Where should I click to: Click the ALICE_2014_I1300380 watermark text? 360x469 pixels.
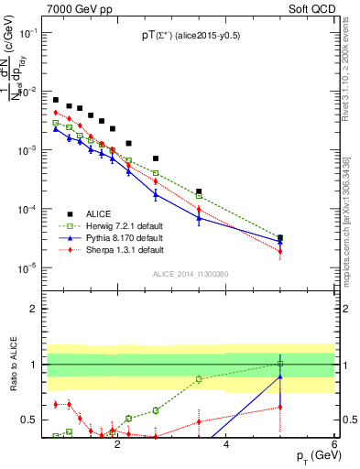point(190,274)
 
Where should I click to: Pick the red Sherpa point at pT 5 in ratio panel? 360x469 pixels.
point(280,407)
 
